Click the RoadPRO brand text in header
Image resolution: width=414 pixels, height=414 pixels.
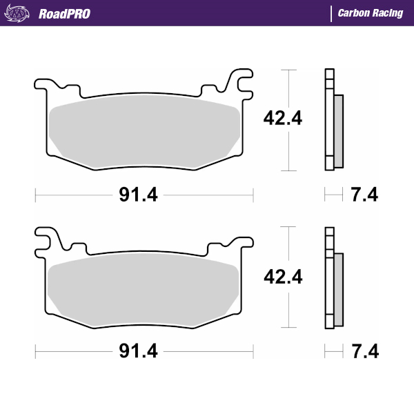point(64,14)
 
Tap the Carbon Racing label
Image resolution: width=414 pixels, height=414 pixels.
point(371,14)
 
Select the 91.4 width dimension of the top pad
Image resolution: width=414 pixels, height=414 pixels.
point(138,195)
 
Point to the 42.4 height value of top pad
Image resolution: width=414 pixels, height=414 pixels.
point(283,119)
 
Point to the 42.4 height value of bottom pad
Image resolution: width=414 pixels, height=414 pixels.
point(283,277)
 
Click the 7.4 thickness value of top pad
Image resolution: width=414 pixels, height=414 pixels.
point(364,195)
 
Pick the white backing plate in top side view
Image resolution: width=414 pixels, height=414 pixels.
point(328,121)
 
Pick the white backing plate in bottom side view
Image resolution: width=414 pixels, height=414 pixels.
point(328,279)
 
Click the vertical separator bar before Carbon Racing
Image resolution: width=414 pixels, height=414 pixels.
point(331,14)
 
